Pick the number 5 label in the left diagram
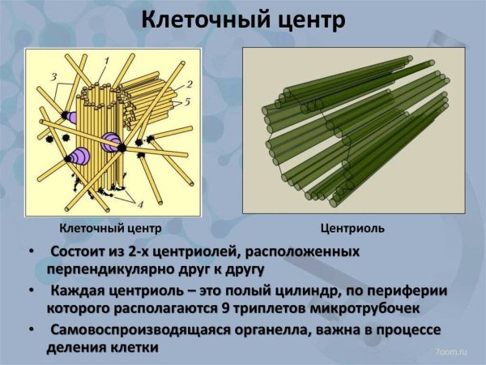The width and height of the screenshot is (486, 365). point(188,103)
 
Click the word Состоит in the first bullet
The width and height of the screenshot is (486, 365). point(83,251)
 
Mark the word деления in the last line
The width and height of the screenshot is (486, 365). point(78,347)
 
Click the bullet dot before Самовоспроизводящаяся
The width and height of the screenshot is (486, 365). point(31,332)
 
